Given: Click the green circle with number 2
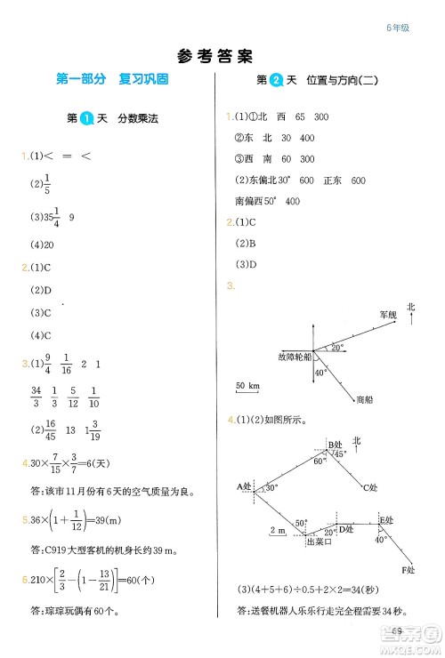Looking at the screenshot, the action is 276,80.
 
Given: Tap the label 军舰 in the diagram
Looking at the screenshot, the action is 387,315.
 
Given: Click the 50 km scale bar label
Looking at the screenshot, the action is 247,386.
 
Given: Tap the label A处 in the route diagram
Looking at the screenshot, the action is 246,485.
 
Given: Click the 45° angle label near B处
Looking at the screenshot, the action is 338,454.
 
